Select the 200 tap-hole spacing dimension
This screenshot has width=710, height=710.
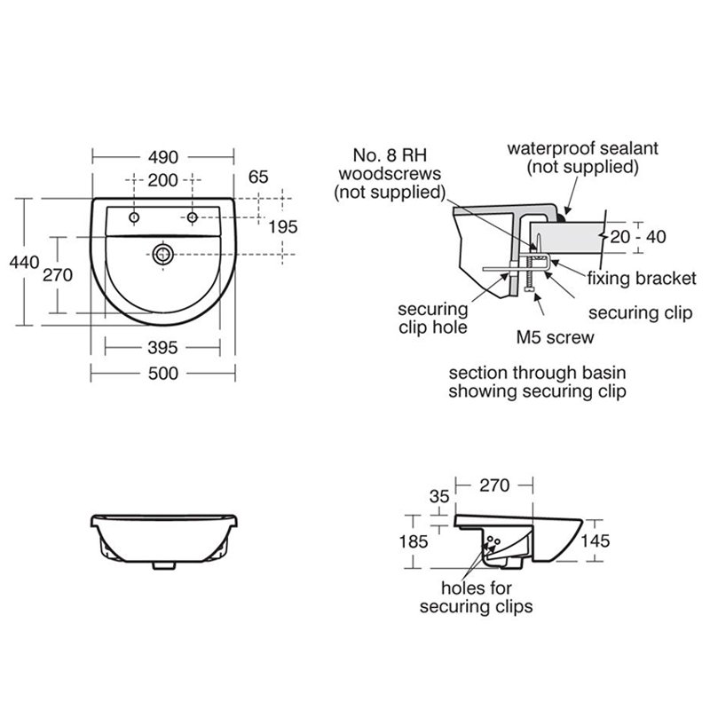click(162, 178)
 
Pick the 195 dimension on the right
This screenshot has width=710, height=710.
click(281, 227)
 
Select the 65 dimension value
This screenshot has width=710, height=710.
click(258, 177)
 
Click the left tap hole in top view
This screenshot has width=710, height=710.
click(133, 217)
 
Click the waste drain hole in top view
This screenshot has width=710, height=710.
click(162, 254)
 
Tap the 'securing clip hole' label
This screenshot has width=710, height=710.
click(432, 319)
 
